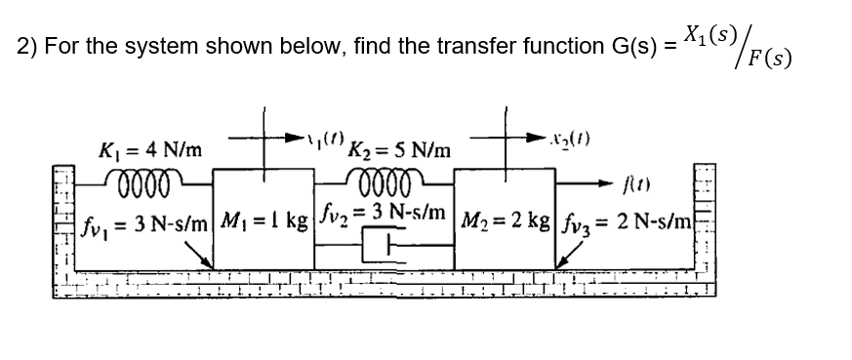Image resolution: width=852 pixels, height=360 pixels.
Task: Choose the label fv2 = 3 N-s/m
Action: [384, 211]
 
